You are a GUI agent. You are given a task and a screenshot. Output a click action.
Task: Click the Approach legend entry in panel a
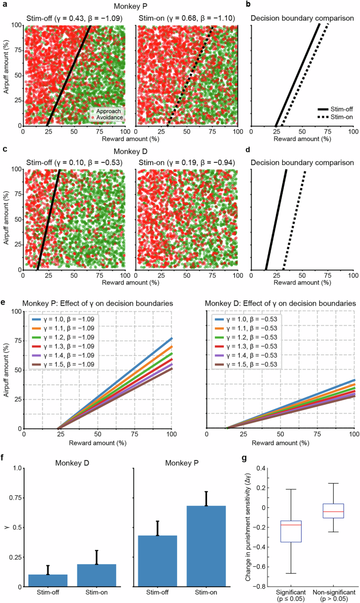107,111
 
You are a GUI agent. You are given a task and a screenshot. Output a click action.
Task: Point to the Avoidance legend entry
107,118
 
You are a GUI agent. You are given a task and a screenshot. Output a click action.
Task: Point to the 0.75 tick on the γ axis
16,498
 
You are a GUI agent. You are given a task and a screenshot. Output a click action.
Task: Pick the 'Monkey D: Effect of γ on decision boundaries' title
281,303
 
